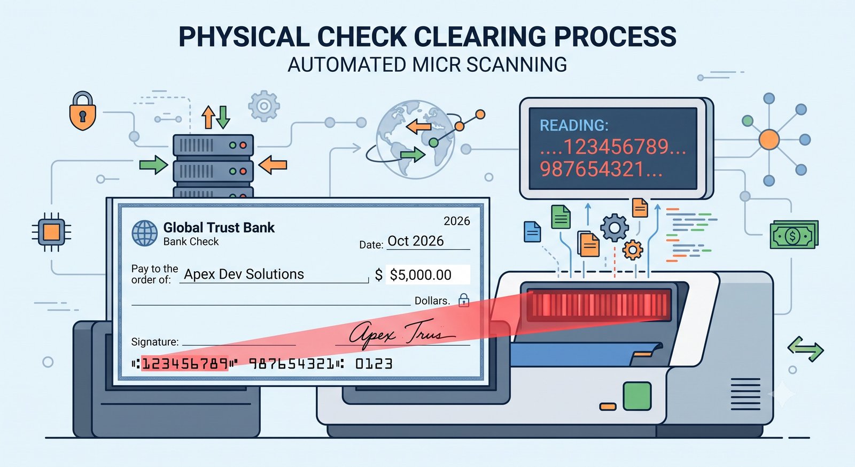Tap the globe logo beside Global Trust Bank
point(145,233)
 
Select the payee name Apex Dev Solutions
point(244,274)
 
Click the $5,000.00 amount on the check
point(420,275)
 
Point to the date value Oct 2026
point(415,241)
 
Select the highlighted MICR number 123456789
point(185,363)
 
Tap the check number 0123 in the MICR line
point(374,363)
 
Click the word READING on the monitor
point(574,125)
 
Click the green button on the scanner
point(637,396)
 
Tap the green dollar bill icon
point(794,235)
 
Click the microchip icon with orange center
point(51,232)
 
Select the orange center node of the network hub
point(769,140)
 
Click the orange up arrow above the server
point(208,117)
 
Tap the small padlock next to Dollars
point(464,300)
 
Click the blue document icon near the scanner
point(532,232)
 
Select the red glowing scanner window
point(599,305)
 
